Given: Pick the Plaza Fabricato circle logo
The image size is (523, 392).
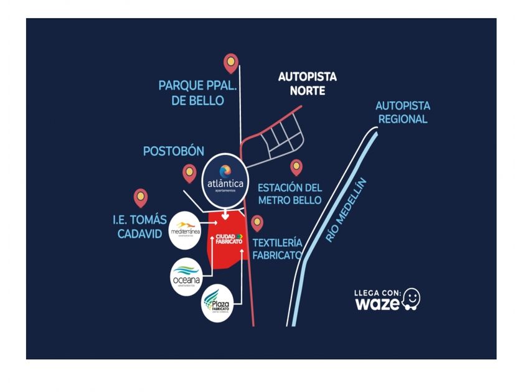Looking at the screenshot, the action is [218, 302].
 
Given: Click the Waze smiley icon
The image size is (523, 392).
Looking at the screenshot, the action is [411, 299].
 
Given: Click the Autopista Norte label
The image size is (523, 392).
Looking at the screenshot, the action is [307, 83].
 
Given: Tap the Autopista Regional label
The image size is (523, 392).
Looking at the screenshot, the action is [403, 113].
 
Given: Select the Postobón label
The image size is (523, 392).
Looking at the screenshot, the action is [173, 151].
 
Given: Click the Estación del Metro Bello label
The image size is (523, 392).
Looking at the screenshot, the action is [290, 194].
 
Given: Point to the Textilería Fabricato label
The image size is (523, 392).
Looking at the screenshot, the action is [277, 248].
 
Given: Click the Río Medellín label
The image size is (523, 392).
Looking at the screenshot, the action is [346, 210].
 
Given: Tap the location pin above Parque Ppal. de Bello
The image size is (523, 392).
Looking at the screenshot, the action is [231, 62].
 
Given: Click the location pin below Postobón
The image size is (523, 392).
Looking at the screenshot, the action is [189, 172].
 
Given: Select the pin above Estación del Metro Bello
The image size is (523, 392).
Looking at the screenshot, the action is [296, 167].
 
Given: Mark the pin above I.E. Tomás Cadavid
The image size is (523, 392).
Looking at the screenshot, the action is [141, 198].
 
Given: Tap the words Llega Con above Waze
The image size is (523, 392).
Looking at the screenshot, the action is [377, 292].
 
